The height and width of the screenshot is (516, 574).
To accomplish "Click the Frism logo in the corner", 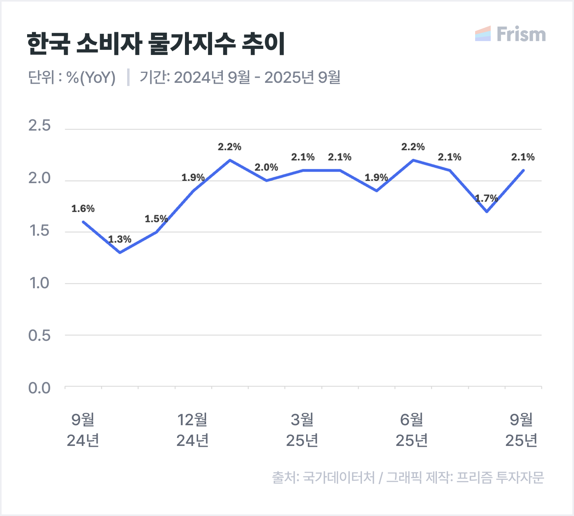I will [511, 34].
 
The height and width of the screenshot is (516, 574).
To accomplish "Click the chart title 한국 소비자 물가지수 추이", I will [156, 43].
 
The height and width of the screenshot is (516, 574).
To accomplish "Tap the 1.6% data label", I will [83, 209].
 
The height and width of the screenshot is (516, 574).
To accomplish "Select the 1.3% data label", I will [120, 239].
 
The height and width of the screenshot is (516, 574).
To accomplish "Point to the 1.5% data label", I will [156, 219].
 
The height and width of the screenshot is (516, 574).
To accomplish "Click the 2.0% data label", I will [266, 167].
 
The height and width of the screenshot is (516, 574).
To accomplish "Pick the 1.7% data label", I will [486, 198].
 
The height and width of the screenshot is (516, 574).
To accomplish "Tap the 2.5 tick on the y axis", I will [39, 126].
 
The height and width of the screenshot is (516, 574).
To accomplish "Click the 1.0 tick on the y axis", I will [39, 283].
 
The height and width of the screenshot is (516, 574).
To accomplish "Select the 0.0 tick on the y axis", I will [39, 388].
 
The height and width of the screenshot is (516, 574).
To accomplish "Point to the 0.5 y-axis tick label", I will [39, 336].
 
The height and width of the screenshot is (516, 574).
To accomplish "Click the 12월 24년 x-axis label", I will [193, 430].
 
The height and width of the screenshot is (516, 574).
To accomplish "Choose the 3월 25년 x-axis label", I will [302, 430].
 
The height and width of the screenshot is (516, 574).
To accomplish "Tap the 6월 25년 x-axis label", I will [412, 430].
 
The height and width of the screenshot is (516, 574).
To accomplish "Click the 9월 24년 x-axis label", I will [83, 430].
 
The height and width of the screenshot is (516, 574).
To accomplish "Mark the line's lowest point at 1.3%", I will [120, 252].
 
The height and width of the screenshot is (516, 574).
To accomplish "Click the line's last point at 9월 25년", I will [523, 170].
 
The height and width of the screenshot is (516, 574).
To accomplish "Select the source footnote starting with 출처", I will [408, 477].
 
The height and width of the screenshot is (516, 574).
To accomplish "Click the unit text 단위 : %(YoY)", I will [72, 78].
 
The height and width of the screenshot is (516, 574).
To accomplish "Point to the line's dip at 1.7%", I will [487, 211].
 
